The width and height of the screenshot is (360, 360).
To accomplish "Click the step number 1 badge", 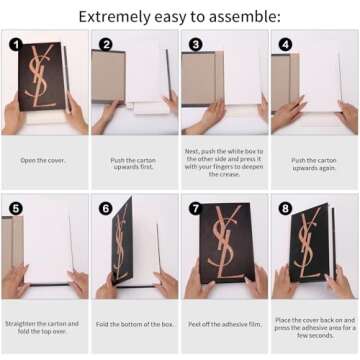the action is (16, 44).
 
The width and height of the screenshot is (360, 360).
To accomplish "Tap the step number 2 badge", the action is (106, 44).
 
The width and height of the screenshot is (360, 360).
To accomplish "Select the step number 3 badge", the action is (196, 44).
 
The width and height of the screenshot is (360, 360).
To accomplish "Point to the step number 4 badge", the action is (286, 44).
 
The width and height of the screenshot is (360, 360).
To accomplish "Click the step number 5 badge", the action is (16, 208).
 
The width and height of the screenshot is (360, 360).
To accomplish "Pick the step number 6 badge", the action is (106, 208).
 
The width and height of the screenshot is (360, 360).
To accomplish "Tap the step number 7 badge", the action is (196, 208).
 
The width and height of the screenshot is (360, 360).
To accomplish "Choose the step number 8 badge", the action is (286, 208).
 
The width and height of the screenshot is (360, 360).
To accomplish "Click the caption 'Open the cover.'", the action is (43, 160).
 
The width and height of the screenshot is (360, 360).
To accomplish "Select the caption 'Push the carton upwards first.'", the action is (133, 163).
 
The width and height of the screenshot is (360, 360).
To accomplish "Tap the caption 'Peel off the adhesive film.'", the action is (225, 324).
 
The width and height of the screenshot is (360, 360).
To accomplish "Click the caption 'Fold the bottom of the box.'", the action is (135, 324).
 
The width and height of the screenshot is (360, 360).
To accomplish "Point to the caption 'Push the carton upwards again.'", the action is (314, 164).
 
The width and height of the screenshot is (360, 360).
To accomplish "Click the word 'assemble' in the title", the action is (245, 17).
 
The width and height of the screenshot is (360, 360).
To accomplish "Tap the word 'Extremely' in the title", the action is (114, 17).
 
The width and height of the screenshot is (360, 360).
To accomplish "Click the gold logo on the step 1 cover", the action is (41, 75).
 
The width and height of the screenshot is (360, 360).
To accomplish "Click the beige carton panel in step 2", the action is (108, 76).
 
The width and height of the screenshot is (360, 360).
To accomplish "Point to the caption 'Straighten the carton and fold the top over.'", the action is (42, 327).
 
